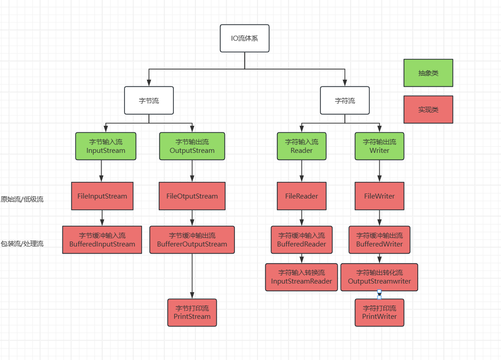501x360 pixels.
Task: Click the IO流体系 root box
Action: [244, 38]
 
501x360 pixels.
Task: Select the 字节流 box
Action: [149, 100]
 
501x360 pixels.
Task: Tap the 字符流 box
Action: [345, 100]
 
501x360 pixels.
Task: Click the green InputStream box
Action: [105, 146]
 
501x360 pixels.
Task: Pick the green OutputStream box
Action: [192, 146]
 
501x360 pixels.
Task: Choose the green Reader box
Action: [301, 146]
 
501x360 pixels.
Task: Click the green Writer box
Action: [379, 146]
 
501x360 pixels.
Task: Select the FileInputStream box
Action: [102, 196]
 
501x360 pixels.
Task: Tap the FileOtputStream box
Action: [192, 196]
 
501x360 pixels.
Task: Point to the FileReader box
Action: [301, 196]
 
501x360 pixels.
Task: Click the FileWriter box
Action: [379, 196]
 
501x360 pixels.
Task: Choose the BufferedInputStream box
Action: [102, 240]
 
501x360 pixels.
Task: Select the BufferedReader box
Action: [301, 240]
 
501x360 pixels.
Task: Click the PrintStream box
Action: [192, 313]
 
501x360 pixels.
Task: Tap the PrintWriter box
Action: [379, 313]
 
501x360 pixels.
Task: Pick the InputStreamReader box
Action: [301, 277]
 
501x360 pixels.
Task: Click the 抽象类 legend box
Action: [428, 73]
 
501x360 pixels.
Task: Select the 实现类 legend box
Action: [428, 109]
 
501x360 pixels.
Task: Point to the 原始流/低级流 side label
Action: [22, 199]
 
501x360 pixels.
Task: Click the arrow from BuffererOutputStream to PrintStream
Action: [192, 276]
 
